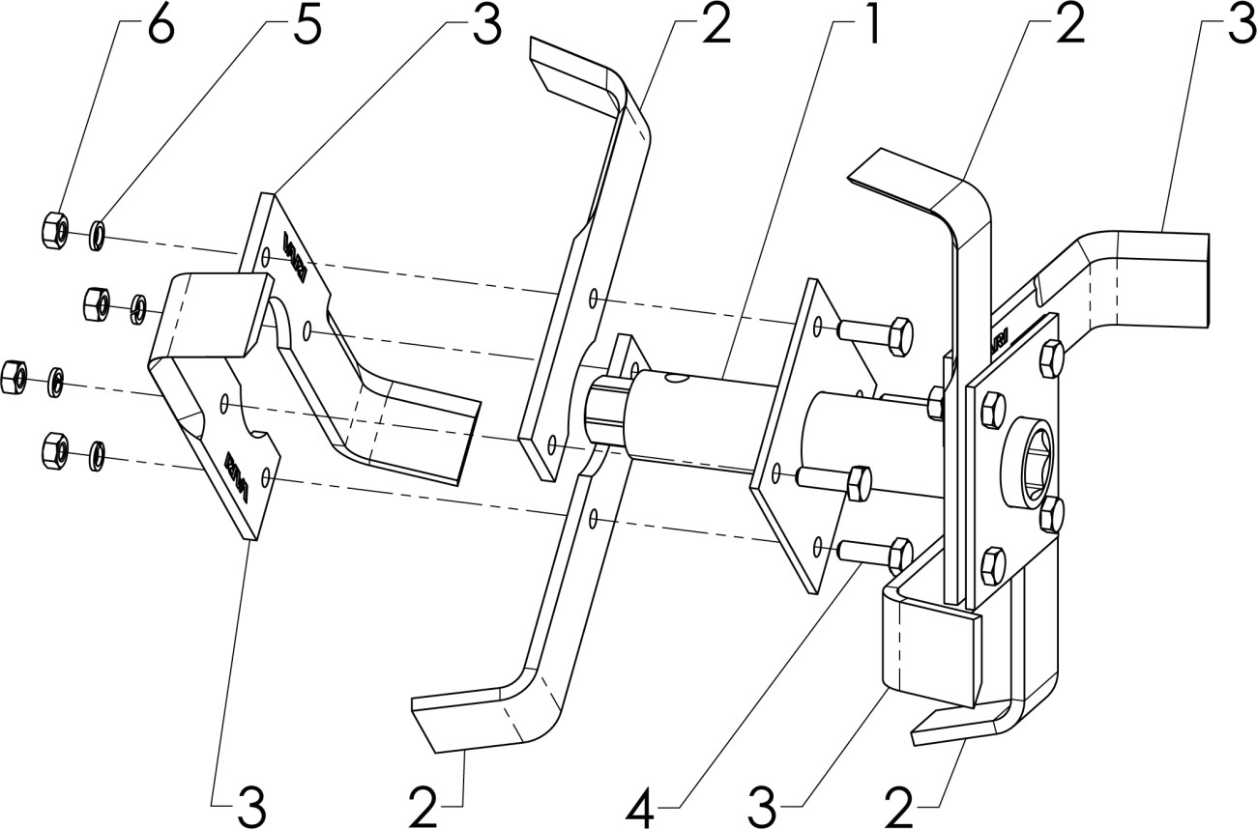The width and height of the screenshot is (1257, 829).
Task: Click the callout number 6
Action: [160, 27]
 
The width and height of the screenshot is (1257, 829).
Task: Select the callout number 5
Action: [307, 27]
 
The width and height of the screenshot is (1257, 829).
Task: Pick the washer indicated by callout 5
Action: [98, 235]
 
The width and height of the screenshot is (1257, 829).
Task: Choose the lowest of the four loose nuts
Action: [54, 449]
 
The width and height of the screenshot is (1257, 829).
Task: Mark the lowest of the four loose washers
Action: [97, 453]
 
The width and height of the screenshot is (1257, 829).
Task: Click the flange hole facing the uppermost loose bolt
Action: [819, 330]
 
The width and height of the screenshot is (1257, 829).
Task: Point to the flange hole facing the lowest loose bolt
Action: [819, 549]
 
